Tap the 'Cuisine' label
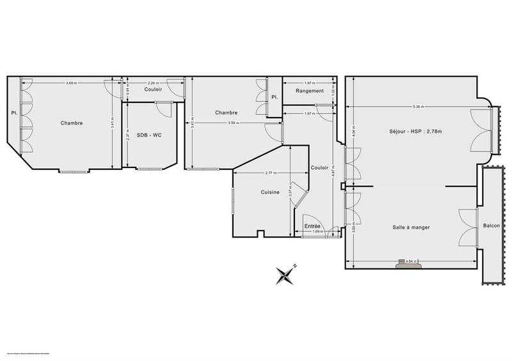click(x=269, y=192)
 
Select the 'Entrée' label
click(x=312, y=226)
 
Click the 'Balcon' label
click(x=492, y=226)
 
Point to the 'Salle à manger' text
click(x=411, y=227)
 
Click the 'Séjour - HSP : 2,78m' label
click(x=415, y=132)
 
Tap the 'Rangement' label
click(x=310, y=91)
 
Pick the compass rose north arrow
click(x=284, y=275)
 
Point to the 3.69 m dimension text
click(x=72, y=83)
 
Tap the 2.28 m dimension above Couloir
click(x=154, y=83)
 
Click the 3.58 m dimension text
click(x=223, y=122)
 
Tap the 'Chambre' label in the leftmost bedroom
click(x=72, y=123)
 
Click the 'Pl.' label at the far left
click(x=13, y=113)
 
